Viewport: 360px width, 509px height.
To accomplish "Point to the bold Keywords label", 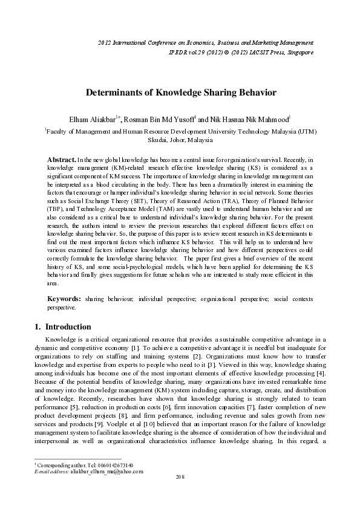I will pos(64,299).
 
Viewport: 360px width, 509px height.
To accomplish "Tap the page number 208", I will pos(180,494).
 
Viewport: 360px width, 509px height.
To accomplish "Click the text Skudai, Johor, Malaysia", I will pos(180,140).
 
